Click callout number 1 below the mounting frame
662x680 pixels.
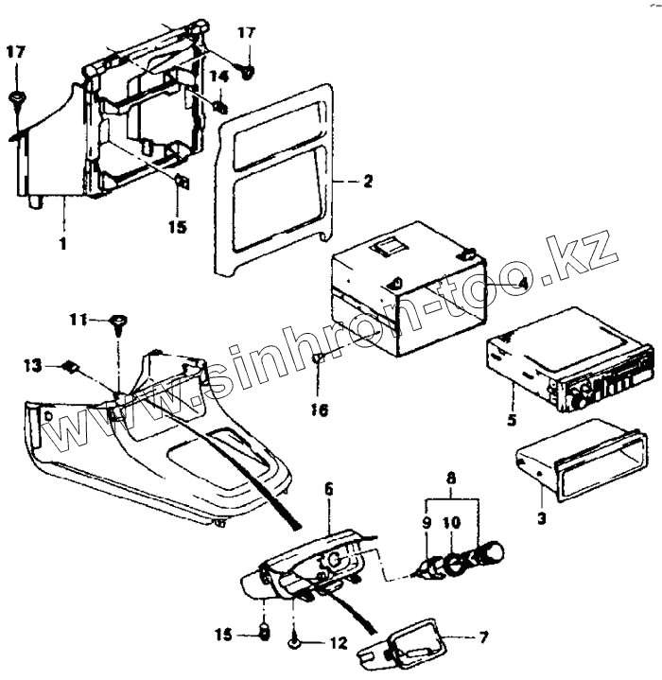click(62, 243)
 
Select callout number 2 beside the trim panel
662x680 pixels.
click(368, 181)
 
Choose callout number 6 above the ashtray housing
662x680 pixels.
click(328, 488)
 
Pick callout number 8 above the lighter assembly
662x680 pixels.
click(452, 479)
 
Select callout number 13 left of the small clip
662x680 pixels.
click(32, 364)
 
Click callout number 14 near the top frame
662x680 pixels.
click(218, 75)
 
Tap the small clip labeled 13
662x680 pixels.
click(70, 367)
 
